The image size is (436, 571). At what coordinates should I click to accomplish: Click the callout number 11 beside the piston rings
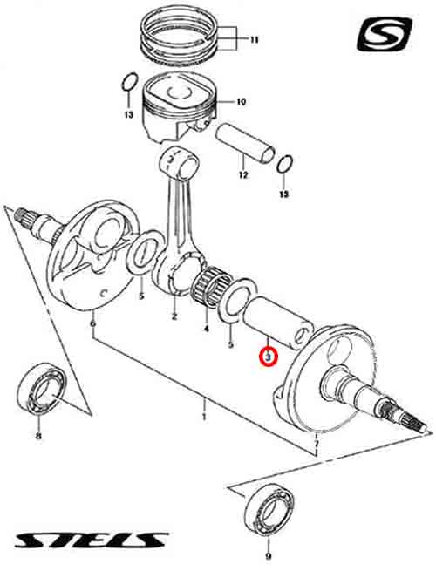254,40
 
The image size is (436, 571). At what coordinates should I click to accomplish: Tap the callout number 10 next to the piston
242,101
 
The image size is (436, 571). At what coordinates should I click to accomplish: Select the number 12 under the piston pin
243,175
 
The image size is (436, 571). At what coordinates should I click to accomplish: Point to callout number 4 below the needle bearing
206,329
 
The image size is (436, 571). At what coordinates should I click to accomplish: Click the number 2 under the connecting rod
174,316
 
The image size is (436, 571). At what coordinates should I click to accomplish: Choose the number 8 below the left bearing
38,436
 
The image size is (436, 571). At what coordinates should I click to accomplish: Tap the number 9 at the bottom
269,556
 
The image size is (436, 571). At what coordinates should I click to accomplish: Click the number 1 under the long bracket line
204,416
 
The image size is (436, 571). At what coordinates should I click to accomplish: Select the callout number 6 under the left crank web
93,323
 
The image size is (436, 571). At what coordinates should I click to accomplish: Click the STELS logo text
91,540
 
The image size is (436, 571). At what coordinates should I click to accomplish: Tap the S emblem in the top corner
385,34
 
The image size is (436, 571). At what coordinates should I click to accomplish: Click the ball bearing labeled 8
42,388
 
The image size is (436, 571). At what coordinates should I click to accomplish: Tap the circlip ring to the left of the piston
130,82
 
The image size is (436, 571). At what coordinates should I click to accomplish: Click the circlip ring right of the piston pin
285,165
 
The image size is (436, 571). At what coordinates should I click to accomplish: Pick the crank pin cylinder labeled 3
279,323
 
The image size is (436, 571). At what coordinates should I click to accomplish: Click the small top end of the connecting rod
181,162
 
